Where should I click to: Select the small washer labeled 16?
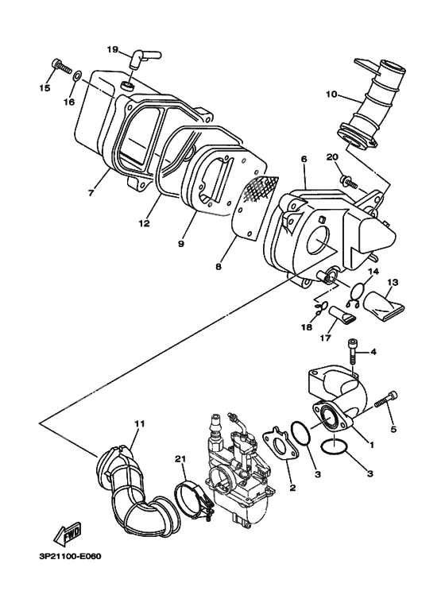click(x=77, y=76)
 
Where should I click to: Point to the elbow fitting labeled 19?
click(x=143, y=57)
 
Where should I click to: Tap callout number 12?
click(x=144, y=224)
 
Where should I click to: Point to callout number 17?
click(x=323, y=336)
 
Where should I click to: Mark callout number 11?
click(x=140, y=424)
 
